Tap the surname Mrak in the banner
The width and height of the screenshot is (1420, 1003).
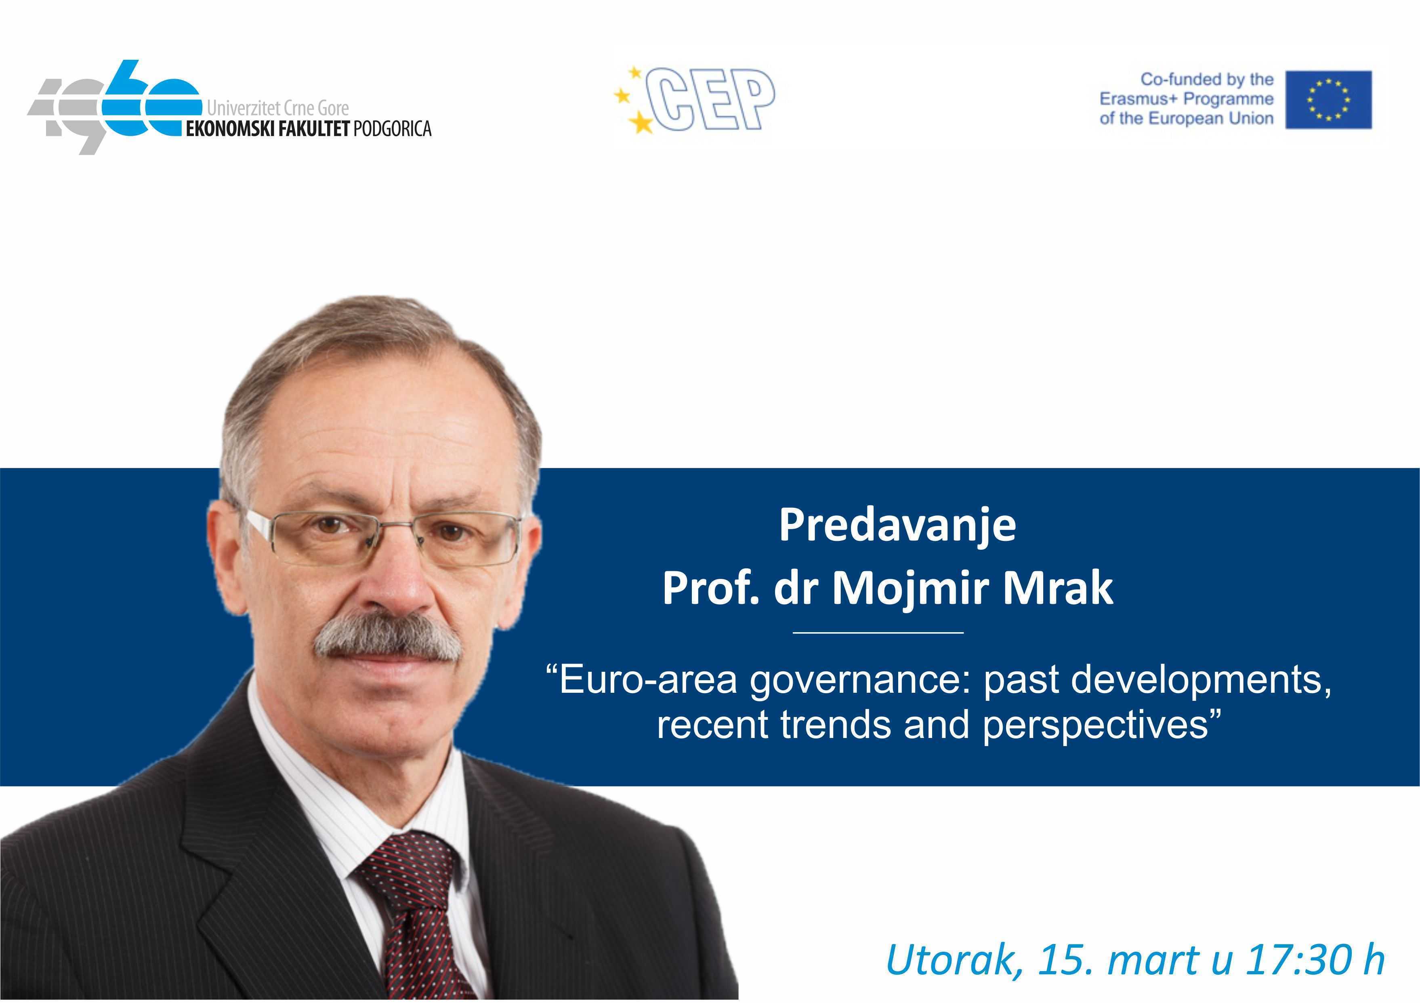click(x=1058, y=588)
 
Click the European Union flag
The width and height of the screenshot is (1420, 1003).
click(x=1328, y=100)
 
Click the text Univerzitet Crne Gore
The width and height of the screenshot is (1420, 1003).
click(x=278, y=108)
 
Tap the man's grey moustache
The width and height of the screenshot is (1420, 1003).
click(x=388, y=637)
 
